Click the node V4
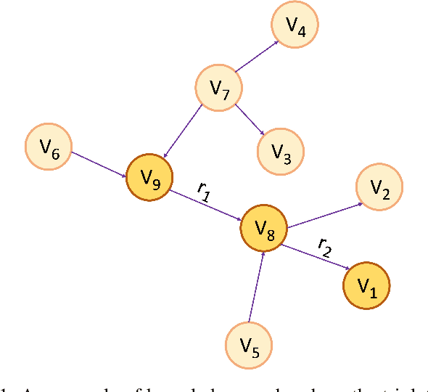(x=295, y=26)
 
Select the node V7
(x=219, y=88)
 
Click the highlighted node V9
(x=150, y=177)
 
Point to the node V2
(x=379, y=187)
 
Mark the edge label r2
(x=325, y=248)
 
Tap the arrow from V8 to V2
(x=324, y=216)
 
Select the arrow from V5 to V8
(x=256, y=286)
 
